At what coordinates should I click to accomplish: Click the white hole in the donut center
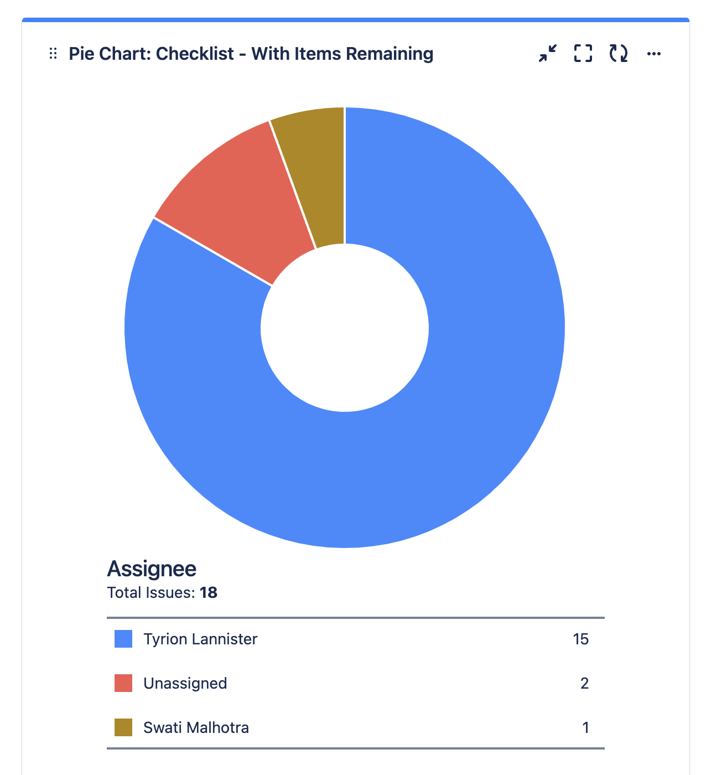pos(344,328)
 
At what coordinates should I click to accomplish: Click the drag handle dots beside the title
pos(53,54)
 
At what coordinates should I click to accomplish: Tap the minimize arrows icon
pos(548,54)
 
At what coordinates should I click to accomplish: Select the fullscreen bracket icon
pos(583,54)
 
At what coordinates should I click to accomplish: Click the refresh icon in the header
pos(619,54)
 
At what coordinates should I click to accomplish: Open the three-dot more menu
pos(654,54)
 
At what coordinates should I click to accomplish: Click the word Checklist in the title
pos(195,54)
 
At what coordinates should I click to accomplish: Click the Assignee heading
pos(152,569)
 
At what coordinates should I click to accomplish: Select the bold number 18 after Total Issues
pos(209,593)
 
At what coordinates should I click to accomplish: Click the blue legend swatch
pos(123,639)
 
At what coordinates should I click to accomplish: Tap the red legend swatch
pos(123,683)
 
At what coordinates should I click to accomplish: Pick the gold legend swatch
pos(123,727)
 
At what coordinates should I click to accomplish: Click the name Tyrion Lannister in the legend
pos(200,639)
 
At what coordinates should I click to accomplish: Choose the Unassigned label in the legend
pos(185,683)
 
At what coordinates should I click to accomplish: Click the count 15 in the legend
pos(580,639)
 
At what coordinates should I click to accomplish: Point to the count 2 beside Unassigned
pos(584,683)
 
